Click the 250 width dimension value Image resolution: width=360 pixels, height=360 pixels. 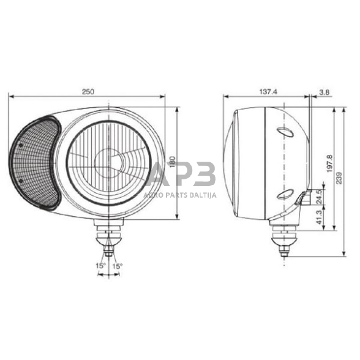(88, 91)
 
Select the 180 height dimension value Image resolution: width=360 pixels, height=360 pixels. (172, 162)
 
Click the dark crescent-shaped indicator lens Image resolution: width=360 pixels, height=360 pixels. (34, 163)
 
